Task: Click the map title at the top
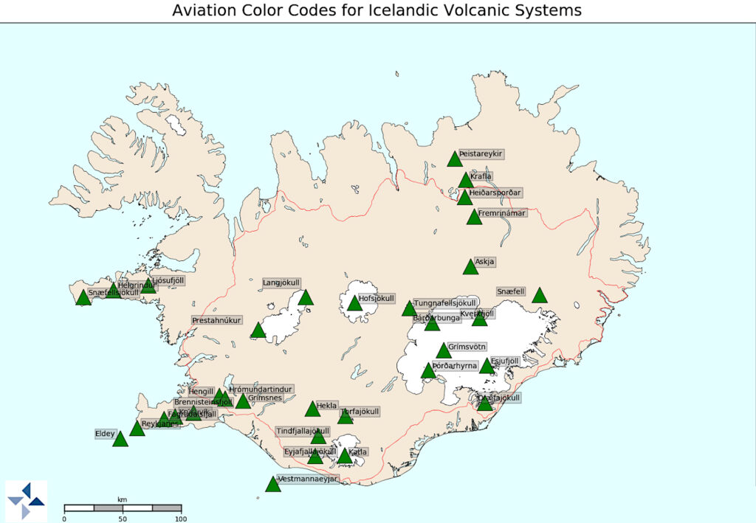[377, 10]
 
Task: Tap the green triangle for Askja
[470, 267]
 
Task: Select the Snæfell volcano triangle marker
[540, 296]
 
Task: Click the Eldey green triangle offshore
[120, 440]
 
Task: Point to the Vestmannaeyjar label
[309, 479]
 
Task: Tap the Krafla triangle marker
[465, 180]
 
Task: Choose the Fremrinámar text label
[502, 213]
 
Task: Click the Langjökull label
[281, 283]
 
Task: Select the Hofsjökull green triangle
[355, 303]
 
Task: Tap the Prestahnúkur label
[217, 321]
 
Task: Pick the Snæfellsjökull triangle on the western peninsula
[83, 298]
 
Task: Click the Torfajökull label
[360, 411]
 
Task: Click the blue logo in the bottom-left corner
[26, 502]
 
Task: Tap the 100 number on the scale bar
[180, 519]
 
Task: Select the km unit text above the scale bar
[122, 499]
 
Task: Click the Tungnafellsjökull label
[445, 303]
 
